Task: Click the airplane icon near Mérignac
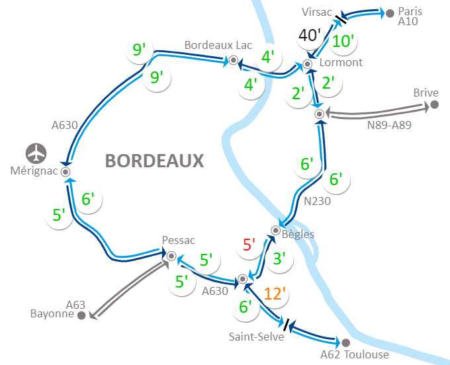pyautogui.click(x=37, y=153)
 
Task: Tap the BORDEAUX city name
pyautogui.click(x=154, y=161)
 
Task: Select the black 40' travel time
pyautogui.click(x=309, y=35)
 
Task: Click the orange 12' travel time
pyautogui.click(x=275, y=293)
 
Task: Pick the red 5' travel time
pyautogui.click(x=249, y=245)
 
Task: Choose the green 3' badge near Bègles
pyautogui.click(x=279, y=259)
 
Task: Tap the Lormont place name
pyautogui.click(x=341, y=63)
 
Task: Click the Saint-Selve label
pyautogui.click(x=256, y=337)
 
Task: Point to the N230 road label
pyautogui.click(x=318, y=202)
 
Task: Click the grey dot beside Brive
pyautogui.click(x=435, y=104)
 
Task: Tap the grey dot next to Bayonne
pyautogui.click(x=81, y=315)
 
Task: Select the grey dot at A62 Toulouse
pyautogui.click(x=345, y=343)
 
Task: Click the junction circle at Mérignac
pyautogui.click(x=66, y=171)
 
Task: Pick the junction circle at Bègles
pyautogui.click(x=275, y=230)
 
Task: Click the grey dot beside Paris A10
pyautogui.click(x=390, y=12)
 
